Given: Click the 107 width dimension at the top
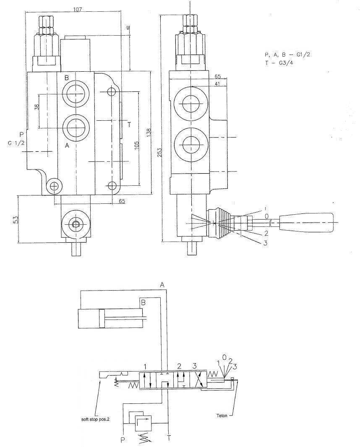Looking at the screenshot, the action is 77,9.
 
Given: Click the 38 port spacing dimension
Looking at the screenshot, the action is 37,107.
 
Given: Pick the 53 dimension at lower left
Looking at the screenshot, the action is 16,219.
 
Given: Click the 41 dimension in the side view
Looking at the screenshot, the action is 217,84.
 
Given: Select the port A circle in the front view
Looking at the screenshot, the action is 76,128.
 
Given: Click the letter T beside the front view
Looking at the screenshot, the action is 129,125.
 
